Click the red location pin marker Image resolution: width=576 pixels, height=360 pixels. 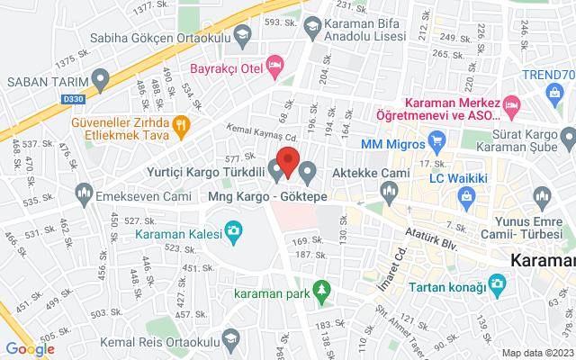click(x=288, y=162)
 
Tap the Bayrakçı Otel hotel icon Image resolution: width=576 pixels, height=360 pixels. click(x=275, y=64)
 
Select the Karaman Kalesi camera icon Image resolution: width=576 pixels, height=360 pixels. click(x=233, y=233)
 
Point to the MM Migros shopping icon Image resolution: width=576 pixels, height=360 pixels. click(x=438, y=141)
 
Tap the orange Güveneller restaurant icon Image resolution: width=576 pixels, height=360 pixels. click(x=181, y=125)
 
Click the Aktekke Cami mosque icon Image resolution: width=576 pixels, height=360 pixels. click(x=390, y=188)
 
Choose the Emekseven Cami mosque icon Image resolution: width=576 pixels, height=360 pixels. click(x=85, y=193)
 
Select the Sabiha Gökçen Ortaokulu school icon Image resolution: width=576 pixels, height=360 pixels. click(x=241, y=38)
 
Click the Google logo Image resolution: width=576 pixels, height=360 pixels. click(x=30, y=349)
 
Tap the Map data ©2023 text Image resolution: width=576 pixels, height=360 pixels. click(x=536, y=352)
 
